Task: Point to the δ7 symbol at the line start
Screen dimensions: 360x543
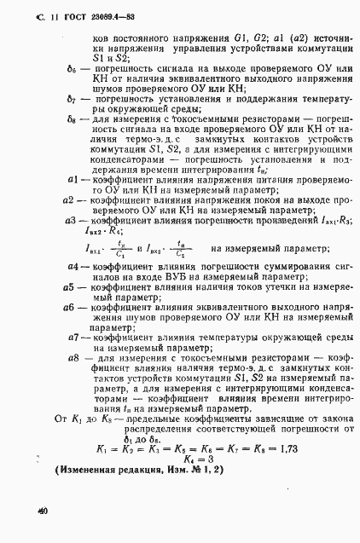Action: [73, 99]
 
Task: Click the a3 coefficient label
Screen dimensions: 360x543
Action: [72, 221]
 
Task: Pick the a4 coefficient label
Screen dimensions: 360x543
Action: [73, 269]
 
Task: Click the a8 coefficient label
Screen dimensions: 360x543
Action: [74, 359]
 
